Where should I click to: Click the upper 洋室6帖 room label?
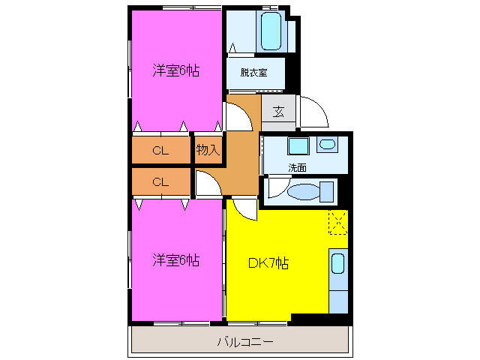pos(176,71)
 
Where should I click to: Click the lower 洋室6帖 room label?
pos(176,261)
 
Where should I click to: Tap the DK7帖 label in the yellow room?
pos(269,263)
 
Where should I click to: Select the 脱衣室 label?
pos(253,73)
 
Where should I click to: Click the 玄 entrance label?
pos(278,112)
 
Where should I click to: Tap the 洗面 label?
pos(297,167)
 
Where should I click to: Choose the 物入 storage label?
pos(208,150)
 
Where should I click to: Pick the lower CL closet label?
pos(160,181)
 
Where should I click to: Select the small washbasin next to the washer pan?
pos(328,144)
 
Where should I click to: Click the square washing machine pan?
pos(298,146)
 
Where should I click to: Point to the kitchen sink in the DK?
pos(338,264)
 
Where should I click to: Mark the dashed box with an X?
pos(338,223)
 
